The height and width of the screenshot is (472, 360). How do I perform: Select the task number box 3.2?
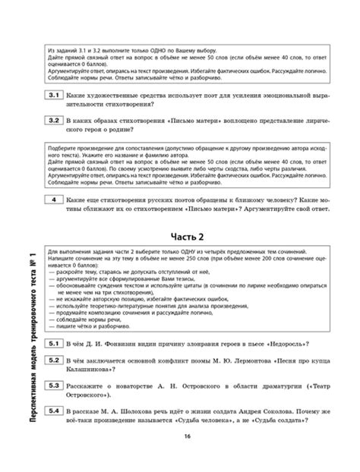click(55, 120)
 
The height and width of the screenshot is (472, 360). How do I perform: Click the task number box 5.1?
click(55, 344)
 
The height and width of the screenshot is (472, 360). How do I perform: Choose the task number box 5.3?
click(55, 385)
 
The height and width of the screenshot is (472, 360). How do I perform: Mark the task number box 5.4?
click(55, 411)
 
